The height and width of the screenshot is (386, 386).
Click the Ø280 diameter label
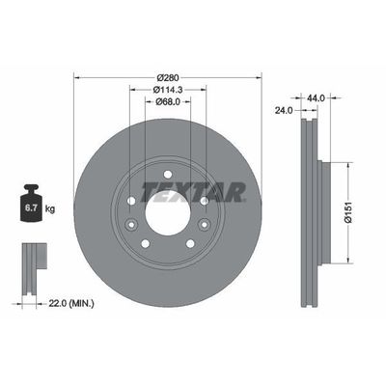(x=169, y=76)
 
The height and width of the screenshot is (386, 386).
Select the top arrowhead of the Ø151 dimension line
(x=345, y=163)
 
